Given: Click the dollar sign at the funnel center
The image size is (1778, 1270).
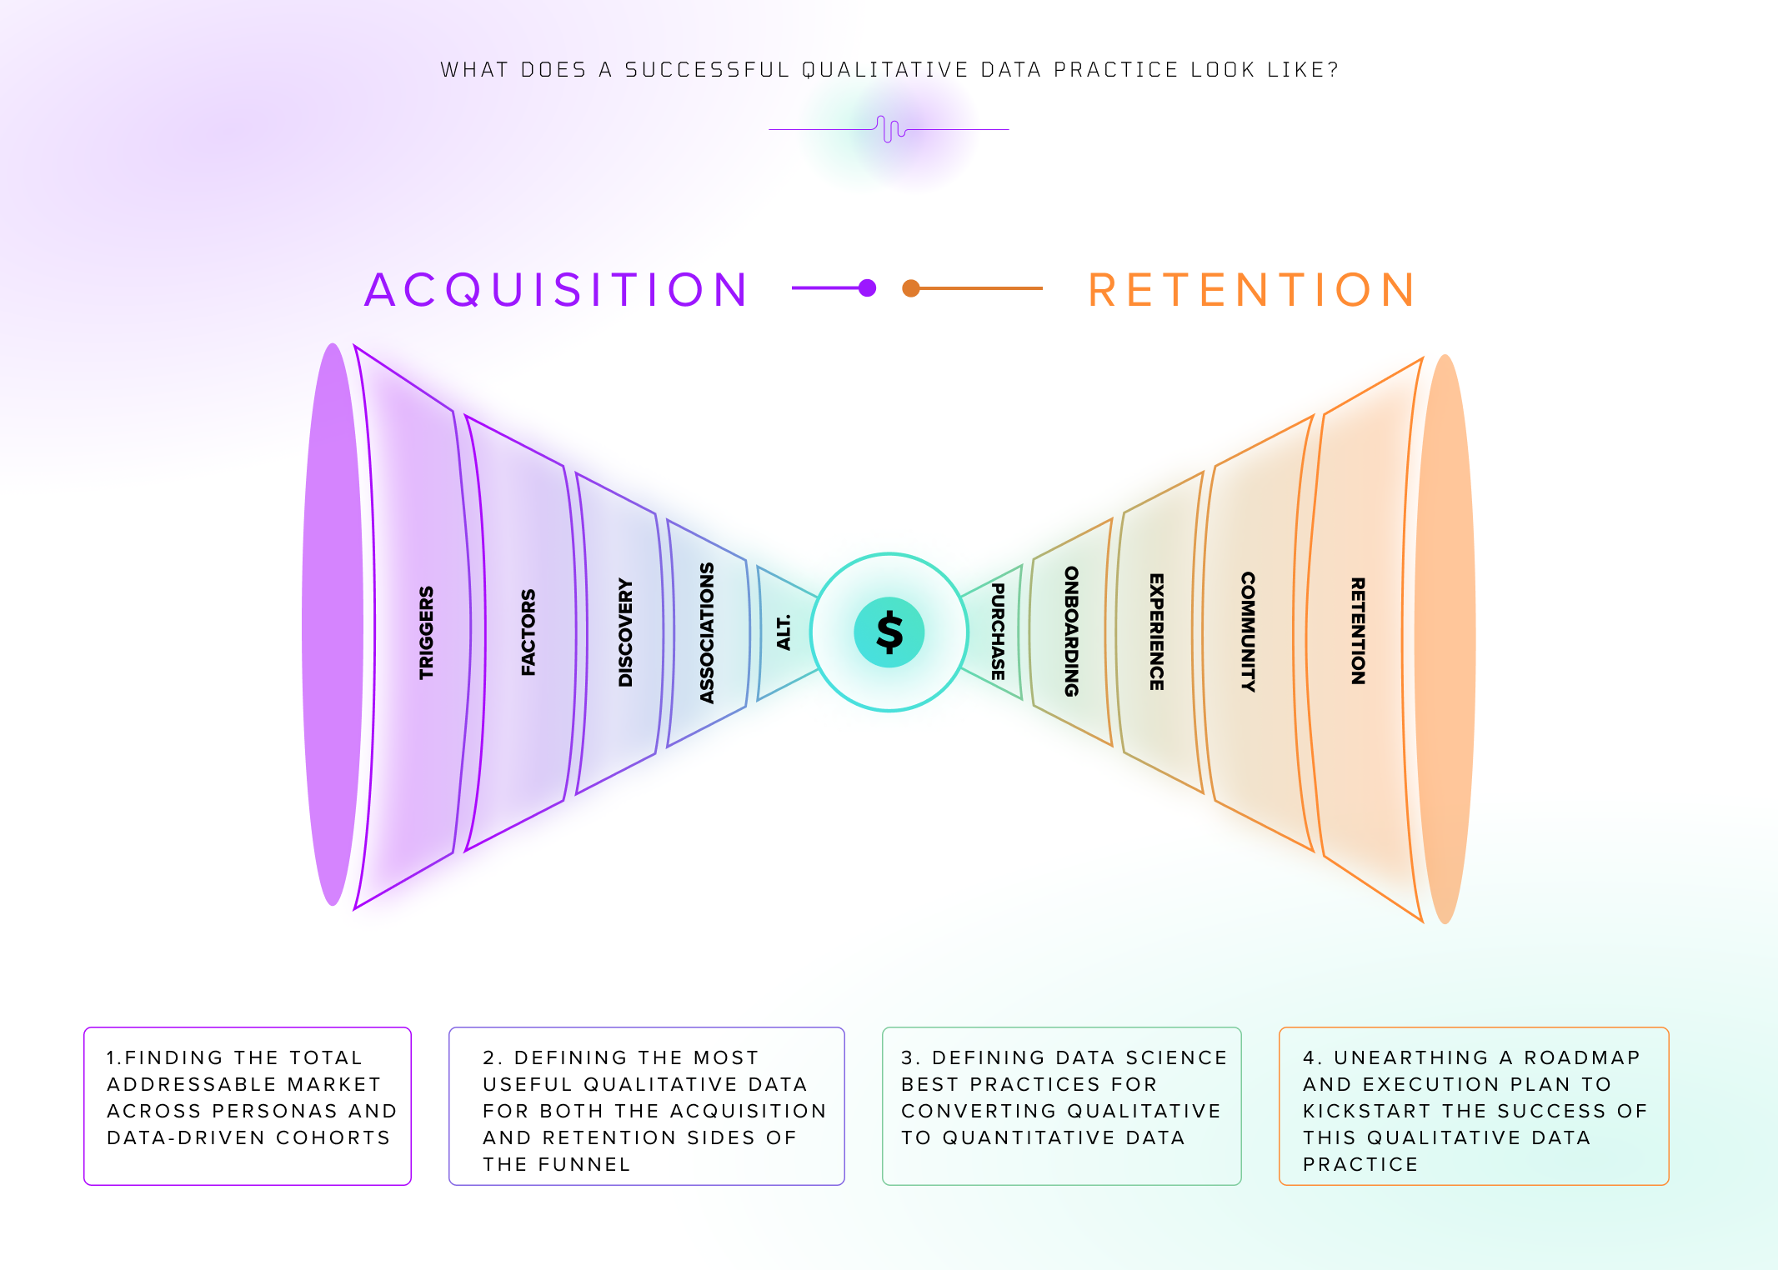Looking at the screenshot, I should tap(889, 632).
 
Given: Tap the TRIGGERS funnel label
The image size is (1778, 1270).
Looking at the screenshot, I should tap(426, 632).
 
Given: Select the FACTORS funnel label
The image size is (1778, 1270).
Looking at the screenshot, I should tap(528, 632).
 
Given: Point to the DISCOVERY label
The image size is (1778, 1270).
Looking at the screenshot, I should tap(625, 632).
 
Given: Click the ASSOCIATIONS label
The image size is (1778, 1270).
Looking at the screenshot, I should tap(707, 632).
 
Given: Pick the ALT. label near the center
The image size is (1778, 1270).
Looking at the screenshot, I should tap(784, 632).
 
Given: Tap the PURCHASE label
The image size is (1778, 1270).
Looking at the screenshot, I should tap(998, 632).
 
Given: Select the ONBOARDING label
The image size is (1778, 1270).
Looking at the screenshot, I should tap(1072, 632).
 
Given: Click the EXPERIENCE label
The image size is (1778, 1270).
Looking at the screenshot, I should tap(1156, 632).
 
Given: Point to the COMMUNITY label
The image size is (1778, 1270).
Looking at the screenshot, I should tap(1248, 632).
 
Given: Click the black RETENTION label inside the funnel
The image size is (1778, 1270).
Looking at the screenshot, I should tap(1358, 632).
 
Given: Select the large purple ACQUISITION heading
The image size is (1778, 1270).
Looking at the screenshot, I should tap(557, 290).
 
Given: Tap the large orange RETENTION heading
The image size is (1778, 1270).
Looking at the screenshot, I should tap(1252, 290).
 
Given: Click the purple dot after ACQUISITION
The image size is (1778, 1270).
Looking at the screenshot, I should tap(867, 288).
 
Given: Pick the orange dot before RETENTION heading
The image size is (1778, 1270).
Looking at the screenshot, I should tap(911, 288).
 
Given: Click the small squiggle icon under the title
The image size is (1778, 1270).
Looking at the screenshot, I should tap(890, 129).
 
